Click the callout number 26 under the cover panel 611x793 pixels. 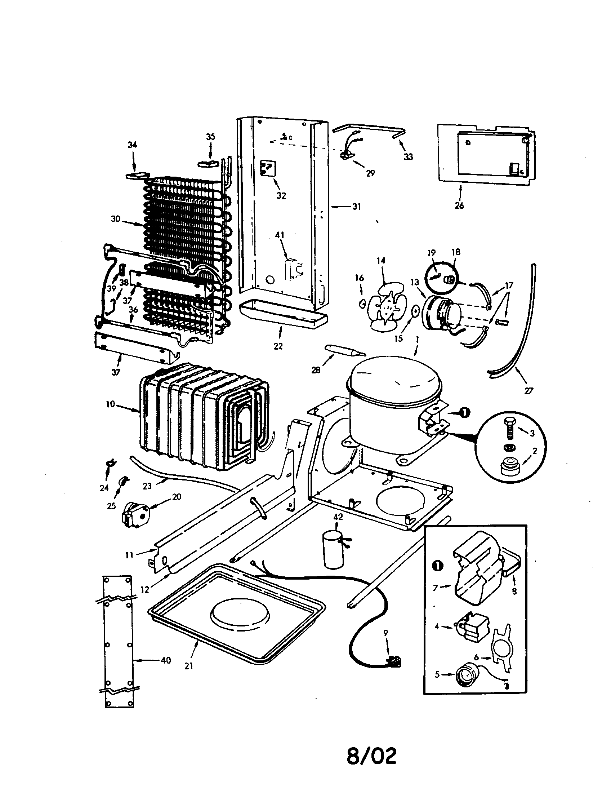459,205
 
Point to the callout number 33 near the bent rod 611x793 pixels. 408,157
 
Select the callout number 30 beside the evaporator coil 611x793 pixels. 115,219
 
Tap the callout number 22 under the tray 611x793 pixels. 278,346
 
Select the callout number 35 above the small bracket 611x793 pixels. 210,137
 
